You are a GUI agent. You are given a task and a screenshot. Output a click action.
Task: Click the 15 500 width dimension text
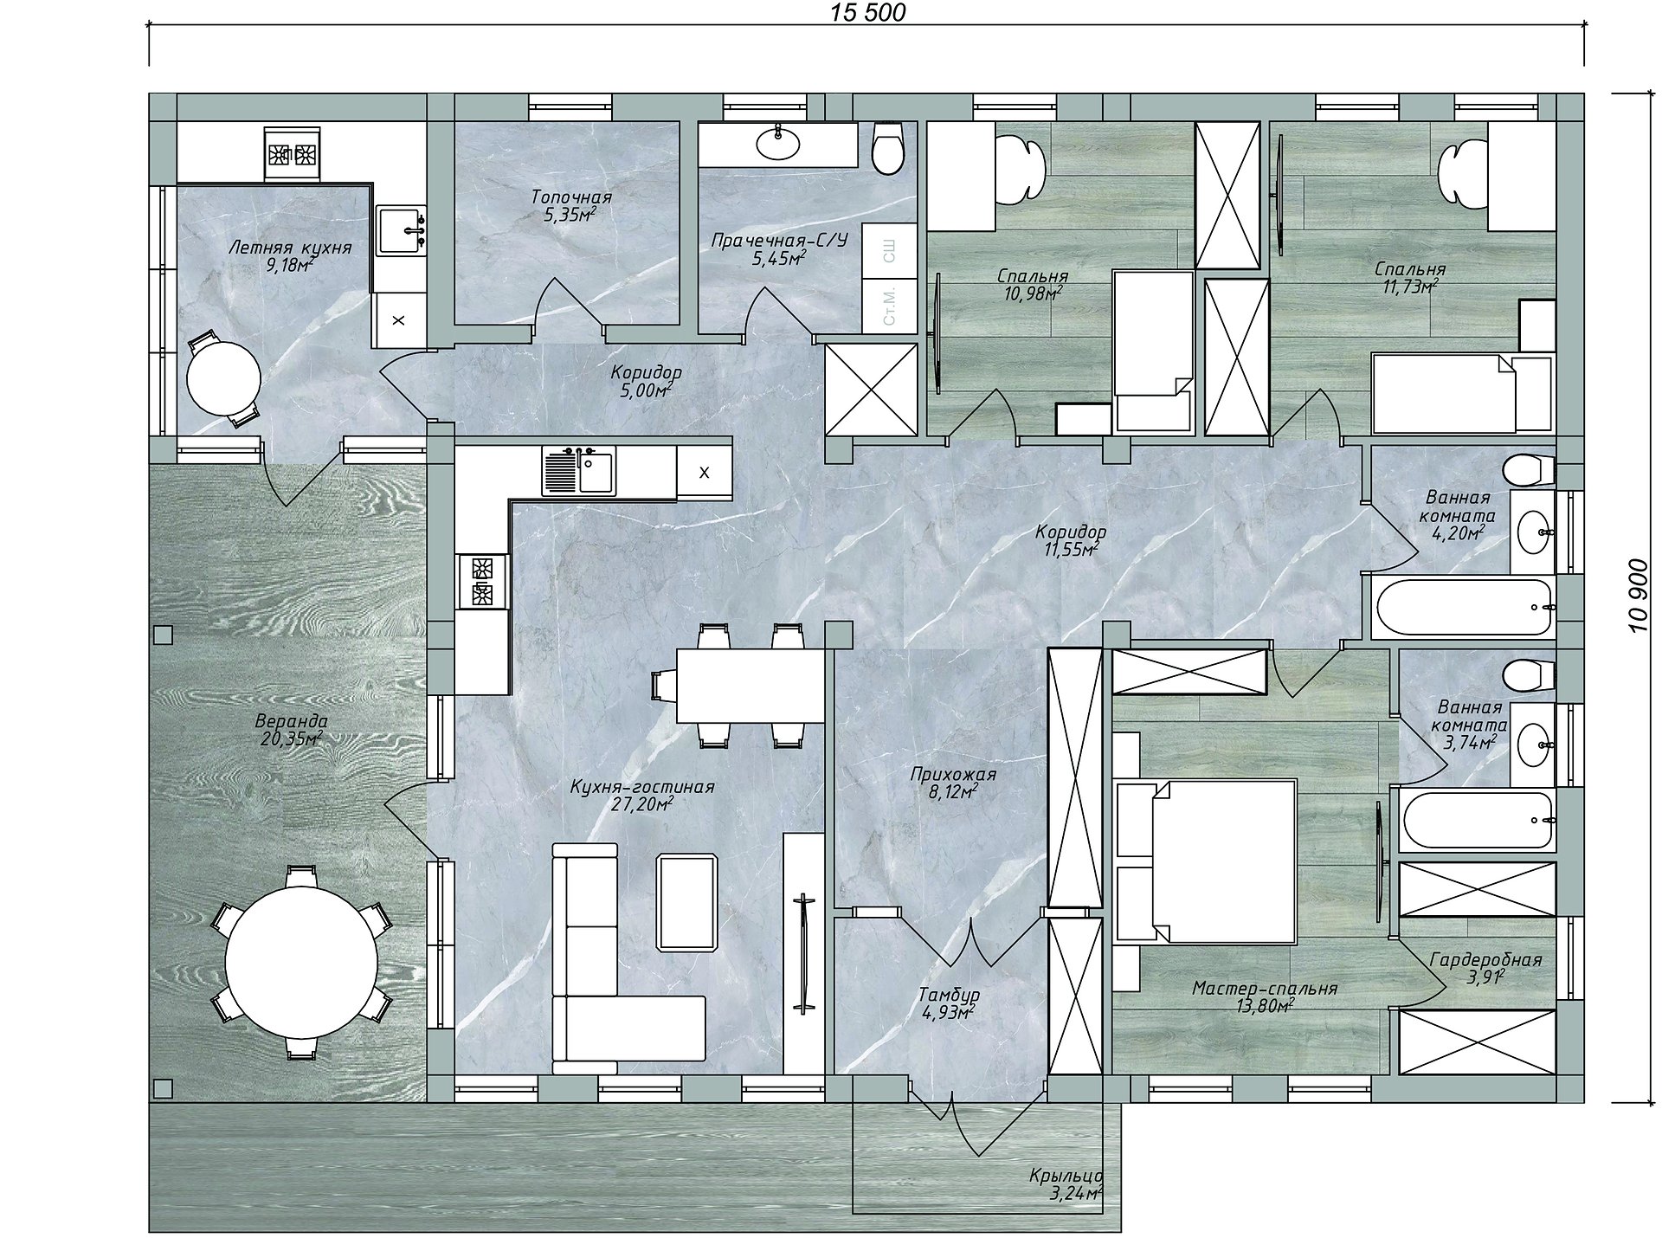point(868,12)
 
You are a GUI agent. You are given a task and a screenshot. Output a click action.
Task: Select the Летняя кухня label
point(290,248)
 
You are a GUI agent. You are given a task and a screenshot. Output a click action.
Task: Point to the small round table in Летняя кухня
point(224,378)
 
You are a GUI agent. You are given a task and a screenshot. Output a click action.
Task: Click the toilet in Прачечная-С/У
point(888,149)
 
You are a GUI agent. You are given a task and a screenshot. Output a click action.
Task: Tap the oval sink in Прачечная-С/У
point(779,144)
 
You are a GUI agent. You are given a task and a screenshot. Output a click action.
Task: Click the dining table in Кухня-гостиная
point(750,685)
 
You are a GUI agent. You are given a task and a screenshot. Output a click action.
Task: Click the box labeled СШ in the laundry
point(889,251)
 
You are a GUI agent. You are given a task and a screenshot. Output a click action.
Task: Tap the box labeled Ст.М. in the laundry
point(889,306)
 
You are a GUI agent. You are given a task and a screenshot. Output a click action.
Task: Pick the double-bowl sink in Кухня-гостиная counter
point(579,470)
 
